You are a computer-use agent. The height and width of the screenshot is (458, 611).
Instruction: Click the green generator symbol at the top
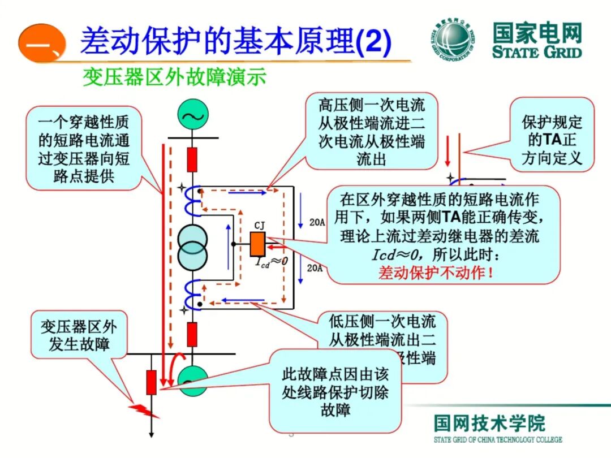coord(193,115)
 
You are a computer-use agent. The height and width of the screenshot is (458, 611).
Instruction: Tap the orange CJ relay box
coord(258,244)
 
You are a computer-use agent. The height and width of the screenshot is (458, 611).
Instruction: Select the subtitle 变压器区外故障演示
coord(174,77)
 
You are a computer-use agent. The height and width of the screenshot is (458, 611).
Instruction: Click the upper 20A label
coord(317,223)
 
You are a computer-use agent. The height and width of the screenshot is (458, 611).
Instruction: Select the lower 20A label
coord(315,268)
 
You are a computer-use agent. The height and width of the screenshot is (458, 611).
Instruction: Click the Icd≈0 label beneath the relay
coord(271,262)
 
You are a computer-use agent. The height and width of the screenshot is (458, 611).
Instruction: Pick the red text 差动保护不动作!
coord(436,272)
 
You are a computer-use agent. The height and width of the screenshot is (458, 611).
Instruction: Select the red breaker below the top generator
coord(192,159)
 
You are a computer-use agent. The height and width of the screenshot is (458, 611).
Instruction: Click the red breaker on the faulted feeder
coord(151,382)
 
